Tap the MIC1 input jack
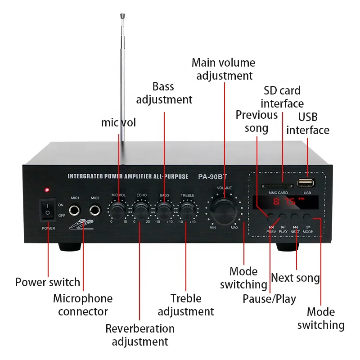pos(75,210)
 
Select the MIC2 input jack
pos(95,210)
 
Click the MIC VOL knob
pos(118,209)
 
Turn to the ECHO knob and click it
pos(141,209)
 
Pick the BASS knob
pos(164,209)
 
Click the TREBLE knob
pos(187,209)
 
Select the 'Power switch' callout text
pos(48,282)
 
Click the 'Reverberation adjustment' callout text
pos(140,335)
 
